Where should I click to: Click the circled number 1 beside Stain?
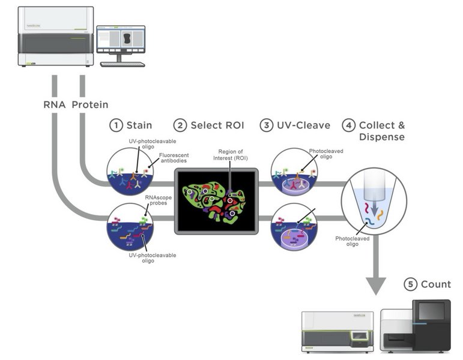(x=116, y=125)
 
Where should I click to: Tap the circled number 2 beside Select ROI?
(x=180, y=125)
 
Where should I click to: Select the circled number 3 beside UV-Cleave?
(x=266, y=125)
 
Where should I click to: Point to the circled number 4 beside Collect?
(x=349, y=125)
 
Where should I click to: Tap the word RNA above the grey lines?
(x=54, y=104)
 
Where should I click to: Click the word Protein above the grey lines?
(x=90, y=104)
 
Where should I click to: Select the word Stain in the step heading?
(x=139, y=125)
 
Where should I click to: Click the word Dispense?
(x=381, y=137)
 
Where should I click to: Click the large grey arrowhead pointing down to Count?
(x=376, y=285)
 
